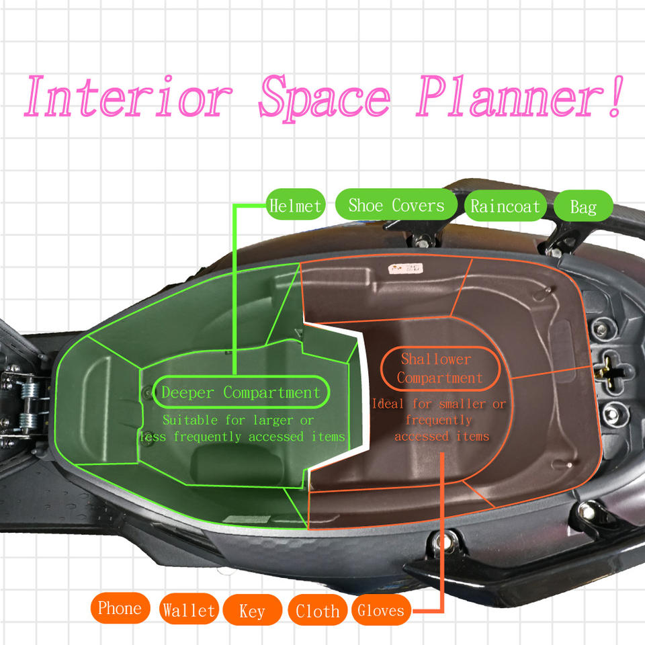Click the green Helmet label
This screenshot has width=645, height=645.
[295, 206]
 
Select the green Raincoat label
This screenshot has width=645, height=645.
[505, 206]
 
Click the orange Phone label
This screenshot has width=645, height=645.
[120, 609]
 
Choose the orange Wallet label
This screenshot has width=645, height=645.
[189, 610]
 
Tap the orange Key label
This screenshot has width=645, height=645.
[252, 611]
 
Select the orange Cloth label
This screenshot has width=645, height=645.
[317, 611]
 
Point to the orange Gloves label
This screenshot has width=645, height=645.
[381, 611]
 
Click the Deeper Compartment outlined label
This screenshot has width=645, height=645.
[241, 392]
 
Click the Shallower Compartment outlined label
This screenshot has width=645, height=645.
[439, 368]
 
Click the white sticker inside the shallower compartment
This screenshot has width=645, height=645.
[406, 269]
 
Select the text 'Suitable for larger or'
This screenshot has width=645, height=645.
[238, 421]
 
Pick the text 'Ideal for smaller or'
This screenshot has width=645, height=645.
[439, 404]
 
